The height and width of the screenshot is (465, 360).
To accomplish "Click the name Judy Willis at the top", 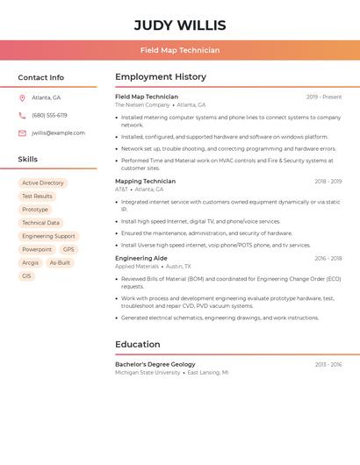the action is [x=180, y=25].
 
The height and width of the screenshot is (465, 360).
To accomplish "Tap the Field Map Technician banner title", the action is [x=180, y=50].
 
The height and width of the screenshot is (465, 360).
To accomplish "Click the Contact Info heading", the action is [x=41, y=77].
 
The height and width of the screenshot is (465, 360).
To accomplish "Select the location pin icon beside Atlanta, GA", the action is [x=22, y=97].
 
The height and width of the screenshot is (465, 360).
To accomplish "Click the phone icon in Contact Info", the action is [x=22, y=115].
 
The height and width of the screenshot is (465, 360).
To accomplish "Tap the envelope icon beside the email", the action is [x=22, y=133].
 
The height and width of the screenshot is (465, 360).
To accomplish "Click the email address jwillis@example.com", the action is [x=58, y=133].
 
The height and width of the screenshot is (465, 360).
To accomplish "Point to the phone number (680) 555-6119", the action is [x=49, y=115].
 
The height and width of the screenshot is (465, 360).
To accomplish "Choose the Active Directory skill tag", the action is [x=43, y=183].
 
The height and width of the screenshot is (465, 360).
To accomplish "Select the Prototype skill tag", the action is [x=35, y=210].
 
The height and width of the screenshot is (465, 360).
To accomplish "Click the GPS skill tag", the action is [x=68, y=249].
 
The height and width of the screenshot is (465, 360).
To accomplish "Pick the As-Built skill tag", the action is [x=60, y=262].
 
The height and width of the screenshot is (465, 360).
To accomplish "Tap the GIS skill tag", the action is [x=26, y=275].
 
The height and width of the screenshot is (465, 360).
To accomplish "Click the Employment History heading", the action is [x=161, y=77].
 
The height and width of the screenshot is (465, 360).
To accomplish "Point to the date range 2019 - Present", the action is [x=324, y=97].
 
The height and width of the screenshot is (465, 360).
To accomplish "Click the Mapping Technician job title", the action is [x=146, y=182].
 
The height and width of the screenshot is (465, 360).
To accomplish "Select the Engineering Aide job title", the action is [x=141, y=259].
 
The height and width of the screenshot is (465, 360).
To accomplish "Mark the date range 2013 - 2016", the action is [x=328, y=364].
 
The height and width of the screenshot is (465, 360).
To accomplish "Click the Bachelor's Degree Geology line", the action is [x=155, y=364].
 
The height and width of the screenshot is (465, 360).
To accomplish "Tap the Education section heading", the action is [x=138, y=344].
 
